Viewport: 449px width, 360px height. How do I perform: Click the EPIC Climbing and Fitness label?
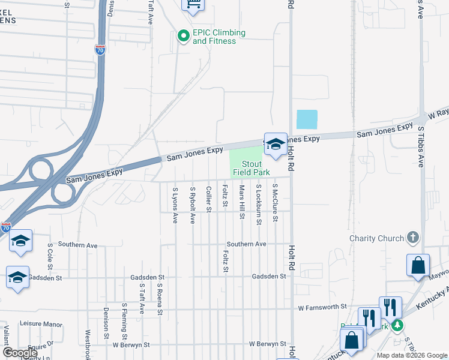coord(219,37)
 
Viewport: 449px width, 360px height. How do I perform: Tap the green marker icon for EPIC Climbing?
coord(183,37)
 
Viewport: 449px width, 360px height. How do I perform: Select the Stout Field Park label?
coord(252,168)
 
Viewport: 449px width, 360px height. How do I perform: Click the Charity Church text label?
coord(377,238)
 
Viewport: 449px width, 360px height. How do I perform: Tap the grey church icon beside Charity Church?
coord(412,238)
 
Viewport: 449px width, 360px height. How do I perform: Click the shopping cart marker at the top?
coord(193,5)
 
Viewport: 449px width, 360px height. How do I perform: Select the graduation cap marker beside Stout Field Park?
coord(276,144)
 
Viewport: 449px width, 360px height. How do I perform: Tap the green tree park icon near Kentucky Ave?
coord(397,326)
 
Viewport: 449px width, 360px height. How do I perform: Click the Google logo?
coord(20,353)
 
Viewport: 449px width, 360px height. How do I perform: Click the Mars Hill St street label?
coord(242,201)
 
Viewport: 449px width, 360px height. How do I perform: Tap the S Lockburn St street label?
coord(259,205)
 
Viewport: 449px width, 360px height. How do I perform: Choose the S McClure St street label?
coord(275,203)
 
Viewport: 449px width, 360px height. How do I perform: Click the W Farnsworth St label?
coord(323,307)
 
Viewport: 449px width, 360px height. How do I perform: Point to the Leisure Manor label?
coord(41,324)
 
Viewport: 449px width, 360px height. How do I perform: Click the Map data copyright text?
coord(411,355)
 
